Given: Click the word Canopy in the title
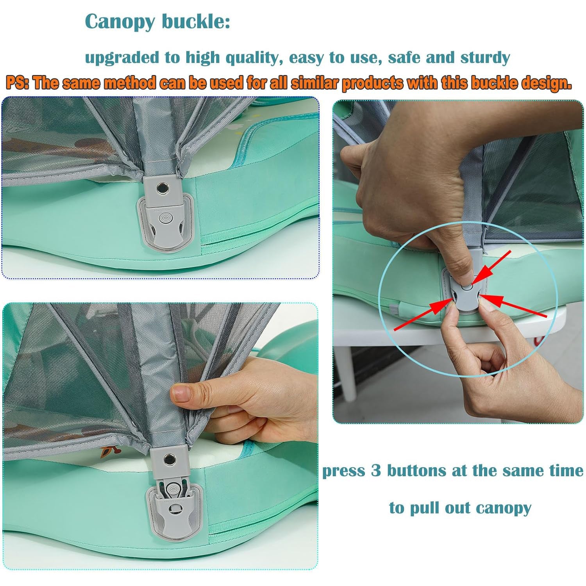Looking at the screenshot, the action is tap(120, 22).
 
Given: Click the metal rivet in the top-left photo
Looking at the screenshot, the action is tap(161, 189).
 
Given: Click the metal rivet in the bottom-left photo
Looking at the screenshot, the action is tap(170, 458).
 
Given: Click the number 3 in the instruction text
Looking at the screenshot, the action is tap(375, 471).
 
